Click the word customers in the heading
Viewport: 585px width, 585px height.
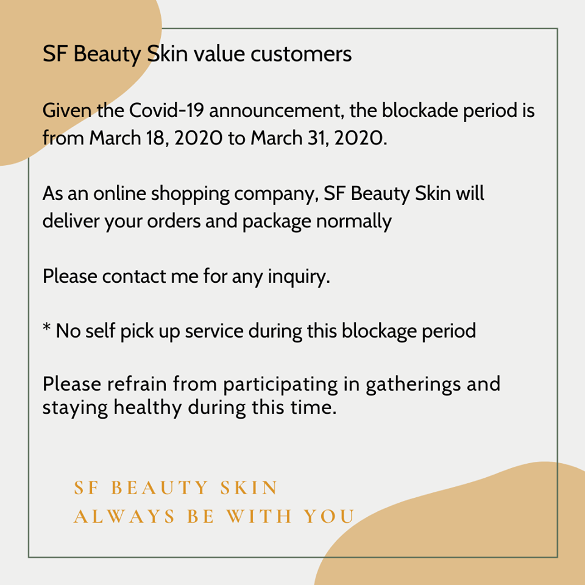click(x=300, y=54)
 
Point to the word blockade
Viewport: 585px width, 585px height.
click(x=420, y=110)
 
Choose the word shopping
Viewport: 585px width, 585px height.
click(x=190, y=194)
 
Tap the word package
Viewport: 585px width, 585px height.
click(x=277, y=222)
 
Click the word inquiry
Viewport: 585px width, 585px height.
click(x=299, y=277)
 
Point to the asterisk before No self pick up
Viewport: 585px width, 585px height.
click(x=47, y=327)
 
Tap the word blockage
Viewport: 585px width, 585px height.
click(x=379, y=331)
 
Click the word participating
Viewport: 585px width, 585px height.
click(x=280, y=385)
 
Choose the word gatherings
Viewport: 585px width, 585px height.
click(x=413, y=385)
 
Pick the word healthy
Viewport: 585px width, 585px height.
click(x=147, y=408)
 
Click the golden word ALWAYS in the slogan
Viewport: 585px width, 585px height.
click(x=124, y=516)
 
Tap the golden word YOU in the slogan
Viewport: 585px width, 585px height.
click(x=329, y=516)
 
